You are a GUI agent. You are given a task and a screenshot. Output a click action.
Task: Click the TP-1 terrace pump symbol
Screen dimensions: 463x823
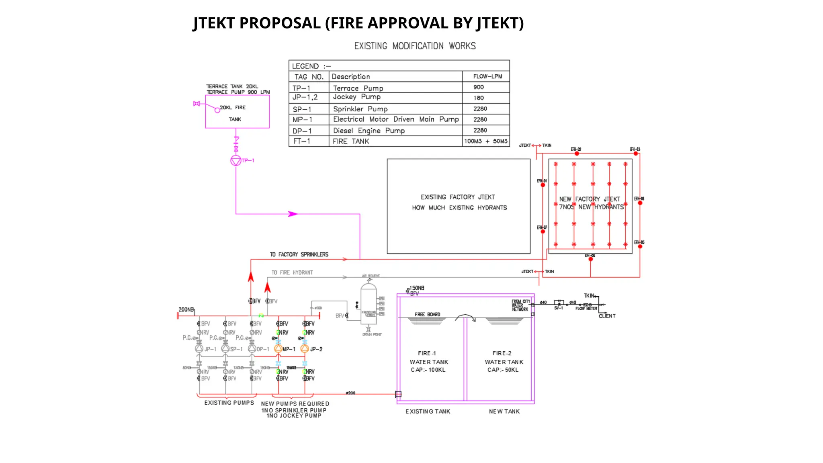point(236,160)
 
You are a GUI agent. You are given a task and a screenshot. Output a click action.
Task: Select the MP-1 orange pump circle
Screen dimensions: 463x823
point(278,348)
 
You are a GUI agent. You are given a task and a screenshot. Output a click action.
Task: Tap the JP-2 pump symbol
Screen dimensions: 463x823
point(305,348)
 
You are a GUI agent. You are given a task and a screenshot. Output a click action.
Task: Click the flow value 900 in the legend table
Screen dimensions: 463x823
point(478,87)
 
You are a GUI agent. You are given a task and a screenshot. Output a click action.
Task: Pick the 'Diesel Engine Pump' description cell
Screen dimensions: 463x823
point(369,131)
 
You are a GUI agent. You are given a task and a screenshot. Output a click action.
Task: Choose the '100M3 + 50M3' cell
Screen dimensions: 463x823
point(485,141)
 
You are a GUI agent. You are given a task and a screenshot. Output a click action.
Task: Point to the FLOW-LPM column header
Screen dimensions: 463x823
point(487,76)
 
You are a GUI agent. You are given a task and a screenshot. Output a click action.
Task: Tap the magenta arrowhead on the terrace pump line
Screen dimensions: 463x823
point(293,214)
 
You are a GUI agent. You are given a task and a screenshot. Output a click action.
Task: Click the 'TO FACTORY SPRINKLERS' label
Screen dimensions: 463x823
point(299,254)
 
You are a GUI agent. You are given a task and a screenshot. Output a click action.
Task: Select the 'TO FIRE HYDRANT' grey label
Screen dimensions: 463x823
point(292,272)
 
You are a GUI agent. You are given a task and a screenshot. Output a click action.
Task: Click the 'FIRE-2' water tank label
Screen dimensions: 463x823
point(502,353)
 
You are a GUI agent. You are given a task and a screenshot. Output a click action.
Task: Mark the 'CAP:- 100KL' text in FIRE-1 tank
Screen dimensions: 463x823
point(428,370)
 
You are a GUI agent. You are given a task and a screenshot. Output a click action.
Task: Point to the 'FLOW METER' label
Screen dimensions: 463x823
point(586,309)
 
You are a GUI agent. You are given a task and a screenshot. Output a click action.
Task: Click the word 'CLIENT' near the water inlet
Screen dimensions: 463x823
point(607,316)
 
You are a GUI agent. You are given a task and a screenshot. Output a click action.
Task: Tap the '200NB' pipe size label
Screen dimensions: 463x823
point(186,309)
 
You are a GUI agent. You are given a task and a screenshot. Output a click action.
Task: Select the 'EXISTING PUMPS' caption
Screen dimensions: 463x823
point(229,403)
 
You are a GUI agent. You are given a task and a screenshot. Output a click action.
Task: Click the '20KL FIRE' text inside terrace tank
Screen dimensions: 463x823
point(233,108)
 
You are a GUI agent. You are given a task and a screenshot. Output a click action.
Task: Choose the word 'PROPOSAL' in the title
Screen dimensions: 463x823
point(280,23)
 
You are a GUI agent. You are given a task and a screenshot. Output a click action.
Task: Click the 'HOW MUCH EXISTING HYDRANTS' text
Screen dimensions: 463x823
point(459,208)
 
